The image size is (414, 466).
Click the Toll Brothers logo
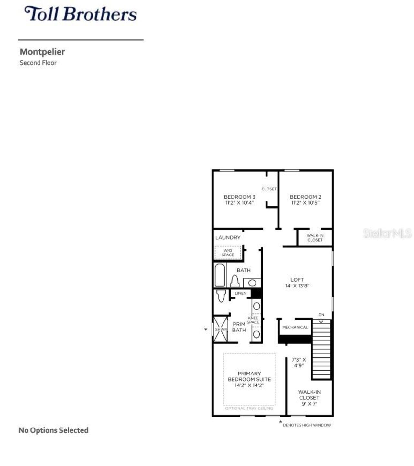(x=81, y=14)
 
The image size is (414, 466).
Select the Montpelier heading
(x=42, y=52)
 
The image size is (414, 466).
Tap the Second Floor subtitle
(x=38, y=63)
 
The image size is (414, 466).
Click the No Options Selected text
(x=53, y=430)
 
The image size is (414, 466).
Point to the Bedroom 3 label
(x=239, y=197)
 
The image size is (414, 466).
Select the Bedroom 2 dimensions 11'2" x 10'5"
(x=305, y=203)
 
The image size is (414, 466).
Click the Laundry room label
(x=228, y=237)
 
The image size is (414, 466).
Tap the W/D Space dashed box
(x=228, y=253)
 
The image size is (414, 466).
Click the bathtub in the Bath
(x=220, y=275)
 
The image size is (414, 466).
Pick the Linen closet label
(x=240, y=293)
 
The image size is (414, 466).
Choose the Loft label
(x=297, y=280)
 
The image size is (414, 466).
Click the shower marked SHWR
(x=221, y=329)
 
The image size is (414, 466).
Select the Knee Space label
(x=253, y=320)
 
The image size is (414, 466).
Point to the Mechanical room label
(x=295, y=327)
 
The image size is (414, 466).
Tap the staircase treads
(x=321, y=349)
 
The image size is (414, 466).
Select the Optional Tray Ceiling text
(x=249, y=408)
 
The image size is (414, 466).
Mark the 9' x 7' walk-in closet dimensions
(x=309, y=404)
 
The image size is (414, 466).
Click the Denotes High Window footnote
(x=306, y=425)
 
